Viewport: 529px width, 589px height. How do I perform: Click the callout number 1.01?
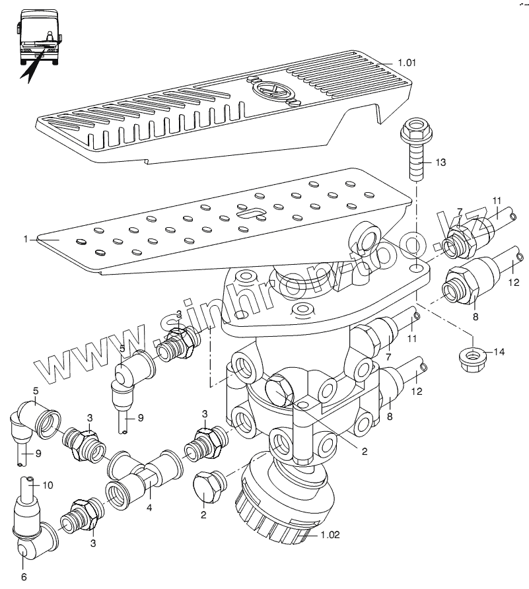[407, 64]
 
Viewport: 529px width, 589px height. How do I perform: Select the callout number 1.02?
[330, 535]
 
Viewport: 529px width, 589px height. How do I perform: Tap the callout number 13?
[441, 162]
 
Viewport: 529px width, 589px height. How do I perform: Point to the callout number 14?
[498, 352]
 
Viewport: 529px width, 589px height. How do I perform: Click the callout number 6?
[24, 576]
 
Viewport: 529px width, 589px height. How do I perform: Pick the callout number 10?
[48, 485]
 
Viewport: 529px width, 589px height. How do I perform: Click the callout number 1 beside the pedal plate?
[26, 240]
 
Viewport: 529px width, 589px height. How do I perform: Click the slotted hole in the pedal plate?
[252, 213]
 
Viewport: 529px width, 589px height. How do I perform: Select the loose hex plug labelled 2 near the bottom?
[207, 489]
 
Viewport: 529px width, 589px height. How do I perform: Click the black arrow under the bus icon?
[30, 66]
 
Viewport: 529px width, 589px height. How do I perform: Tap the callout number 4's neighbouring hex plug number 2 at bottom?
[203, 514]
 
